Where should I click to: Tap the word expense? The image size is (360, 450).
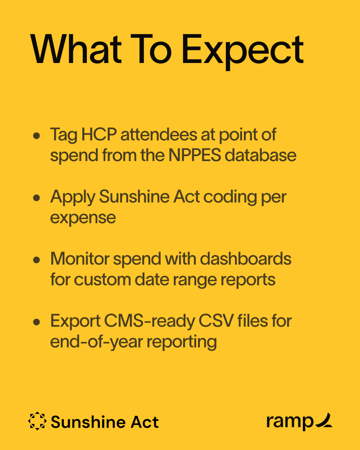tap(83, 218)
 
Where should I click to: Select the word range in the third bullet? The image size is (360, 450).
tap(197, 280)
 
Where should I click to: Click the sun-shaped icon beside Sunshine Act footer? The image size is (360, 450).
tap(37, 422)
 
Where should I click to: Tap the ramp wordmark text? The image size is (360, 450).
tap(289, 422)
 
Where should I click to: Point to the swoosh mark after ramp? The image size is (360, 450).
tap(324, 420)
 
